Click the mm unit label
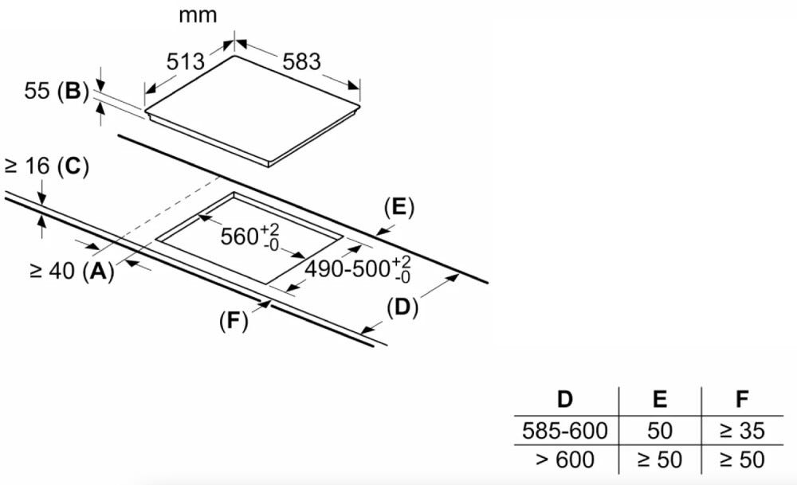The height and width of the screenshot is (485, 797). pos(198,15)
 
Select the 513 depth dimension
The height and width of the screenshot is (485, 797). pos(186,61)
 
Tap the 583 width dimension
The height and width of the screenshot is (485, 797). pos(302,61)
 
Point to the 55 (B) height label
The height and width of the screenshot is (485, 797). pos(57,91)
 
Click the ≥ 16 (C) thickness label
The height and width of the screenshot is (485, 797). pos(46,166)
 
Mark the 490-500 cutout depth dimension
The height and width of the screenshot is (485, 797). pos(358,269)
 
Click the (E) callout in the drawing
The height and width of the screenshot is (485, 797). pos(399,208)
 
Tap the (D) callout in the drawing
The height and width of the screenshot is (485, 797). pos(402,307)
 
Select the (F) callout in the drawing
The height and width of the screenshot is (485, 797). pos(234,321)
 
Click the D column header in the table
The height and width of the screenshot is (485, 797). pos(565,400)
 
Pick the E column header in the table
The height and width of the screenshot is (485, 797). pos(660,400)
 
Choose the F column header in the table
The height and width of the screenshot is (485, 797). pos(742,400)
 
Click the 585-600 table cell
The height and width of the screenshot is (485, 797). pos(565,431)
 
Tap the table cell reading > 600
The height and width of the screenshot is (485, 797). pos(565,460)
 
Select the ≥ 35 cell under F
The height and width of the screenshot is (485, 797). pos(742,431)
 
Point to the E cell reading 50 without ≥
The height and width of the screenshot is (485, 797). pos(660,431)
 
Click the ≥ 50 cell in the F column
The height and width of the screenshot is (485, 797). pos(742,460)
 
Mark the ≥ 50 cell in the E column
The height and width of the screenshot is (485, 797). pos(660,460)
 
